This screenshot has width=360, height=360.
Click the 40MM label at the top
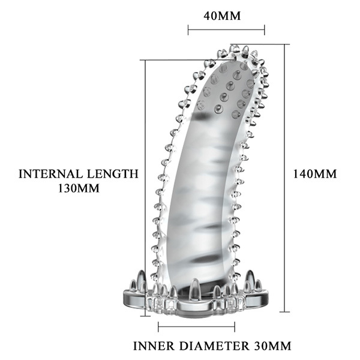(222, 16)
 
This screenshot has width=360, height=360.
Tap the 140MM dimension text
(315, 174)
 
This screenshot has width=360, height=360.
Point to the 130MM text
(79, 188)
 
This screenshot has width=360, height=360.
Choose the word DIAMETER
(214, 346)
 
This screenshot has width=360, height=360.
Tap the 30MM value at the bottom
(273, 346)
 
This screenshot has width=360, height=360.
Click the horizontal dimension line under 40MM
(226, 30)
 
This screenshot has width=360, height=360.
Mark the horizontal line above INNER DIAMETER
(197, 326)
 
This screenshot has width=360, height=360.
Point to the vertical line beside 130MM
(145, 188)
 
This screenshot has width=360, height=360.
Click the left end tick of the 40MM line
(188, 30)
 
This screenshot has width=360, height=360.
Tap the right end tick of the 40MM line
(265, 30)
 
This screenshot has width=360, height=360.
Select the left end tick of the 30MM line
(158, 326)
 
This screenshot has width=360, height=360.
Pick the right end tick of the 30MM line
(235, 326)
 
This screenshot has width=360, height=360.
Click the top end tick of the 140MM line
(285, 44)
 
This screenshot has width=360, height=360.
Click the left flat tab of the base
(135, 296)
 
